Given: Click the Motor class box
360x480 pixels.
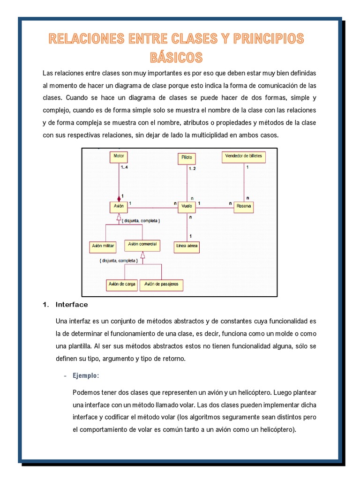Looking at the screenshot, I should click(119, 157).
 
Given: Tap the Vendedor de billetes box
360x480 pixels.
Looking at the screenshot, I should click(244, 157).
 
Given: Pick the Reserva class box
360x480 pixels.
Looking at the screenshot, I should click(243, 206).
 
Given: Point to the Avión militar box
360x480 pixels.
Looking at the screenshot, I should click(102, 245).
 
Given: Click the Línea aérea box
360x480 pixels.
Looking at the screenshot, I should click(187, 245).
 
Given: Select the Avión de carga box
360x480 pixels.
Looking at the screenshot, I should click(122, 284).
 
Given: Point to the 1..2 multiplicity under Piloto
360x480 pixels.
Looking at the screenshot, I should click(192, 168).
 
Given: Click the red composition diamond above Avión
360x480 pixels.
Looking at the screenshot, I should click(119, 198).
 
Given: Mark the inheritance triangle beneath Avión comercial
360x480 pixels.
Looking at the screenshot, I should click(143, 255).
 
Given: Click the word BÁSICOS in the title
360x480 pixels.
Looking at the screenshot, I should click(176, 57).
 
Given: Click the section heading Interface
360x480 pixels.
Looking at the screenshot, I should click(72, 305).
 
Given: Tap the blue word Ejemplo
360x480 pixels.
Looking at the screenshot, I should click(86, 376).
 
